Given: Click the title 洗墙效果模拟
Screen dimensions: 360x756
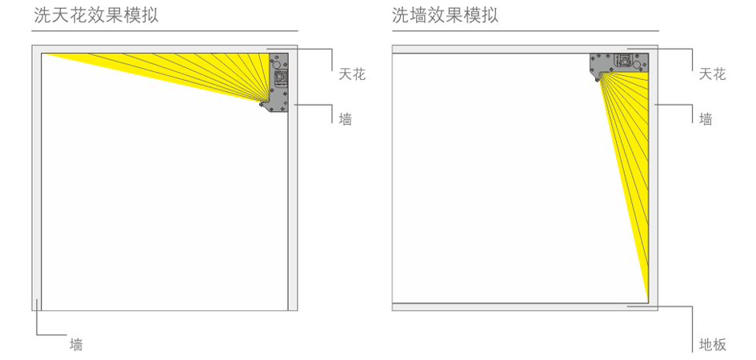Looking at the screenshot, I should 445,15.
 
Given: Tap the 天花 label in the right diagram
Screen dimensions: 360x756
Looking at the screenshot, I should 712,74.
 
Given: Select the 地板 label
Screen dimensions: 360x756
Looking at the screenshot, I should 712,345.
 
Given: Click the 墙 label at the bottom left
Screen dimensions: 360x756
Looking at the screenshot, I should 76,345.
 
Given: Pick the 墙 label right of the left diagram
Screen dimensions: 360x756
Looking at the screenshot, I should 345,119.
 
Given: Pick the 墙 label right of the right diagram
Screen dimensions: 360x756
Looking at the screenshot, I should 706,119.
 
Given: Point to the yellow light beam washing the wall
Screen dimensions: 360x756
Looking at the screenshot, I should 628,160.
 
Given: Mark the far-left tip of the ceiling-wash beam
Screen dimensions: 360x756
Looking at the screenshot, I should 45,54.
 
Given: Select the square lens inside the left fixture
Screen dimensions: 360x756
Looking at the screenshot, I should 280,78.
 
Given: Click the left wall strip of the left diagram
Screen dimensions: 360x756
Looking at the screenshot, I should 37,176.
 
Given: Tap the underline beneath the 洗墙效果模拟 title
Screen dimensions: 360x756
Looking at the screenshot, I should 525,31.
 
